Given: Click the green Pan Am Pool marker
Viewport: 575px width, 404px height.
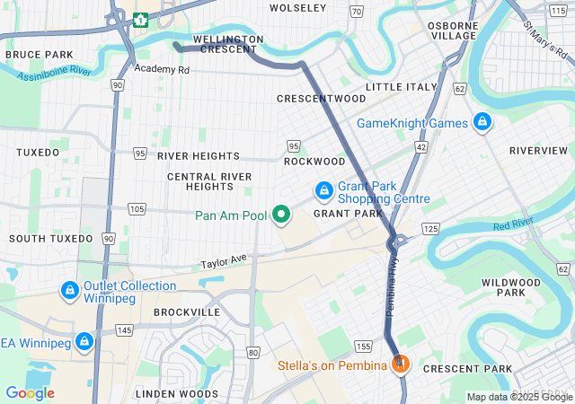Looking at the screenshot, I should coord(281,215).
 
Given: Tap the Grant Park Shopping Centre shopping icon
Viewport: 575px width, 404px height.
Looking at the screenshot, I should coord(323,191).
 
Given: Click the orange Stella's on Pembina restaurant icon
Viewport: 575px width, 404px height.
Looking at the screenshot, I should coord(401,364).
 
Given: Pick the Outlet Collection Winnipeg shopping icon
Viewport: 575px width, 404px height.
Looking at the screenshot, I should coord(69,291).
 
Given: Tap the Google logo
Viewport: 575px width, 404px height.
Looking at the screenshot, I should coord(30,392).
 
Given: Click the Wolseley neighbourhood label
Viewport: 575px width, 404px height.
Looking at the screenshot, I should coord(298,8).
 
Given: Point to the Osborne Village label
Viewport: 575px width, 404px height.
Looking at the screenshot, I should coord(453,30).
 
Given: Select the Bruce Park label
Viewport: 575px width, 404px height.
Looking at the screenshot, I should coord(39,55).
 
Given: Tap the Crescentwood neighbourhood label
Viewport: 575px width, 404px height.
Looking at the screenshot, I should coord(322,97).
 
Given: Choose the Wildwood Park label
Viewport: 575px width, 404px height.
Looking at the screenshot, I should coord(510,287).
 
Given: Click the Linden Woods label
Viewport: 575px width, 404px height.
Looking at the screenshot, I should coord(177,394).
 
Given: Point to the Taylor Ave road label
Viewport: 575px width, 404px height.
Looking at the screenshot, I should coord(224,261).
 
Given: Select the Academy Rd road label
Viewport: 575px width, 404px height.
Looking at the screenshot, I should coord(163,68).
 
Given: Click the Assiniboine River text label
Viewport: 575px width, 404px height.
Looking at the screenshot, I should coord(54,72).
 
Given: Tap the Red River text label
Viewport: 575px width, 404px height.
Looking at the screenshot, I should coord(513,224).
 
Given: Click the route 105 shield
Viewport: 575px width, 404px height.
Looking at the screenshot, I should coord(137,209).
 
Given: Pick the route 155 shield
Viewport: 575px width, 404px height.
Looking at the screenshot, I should coord(363,346).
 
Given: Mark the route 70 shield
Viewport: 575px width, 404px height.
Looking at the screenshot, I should coord(357,12).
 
